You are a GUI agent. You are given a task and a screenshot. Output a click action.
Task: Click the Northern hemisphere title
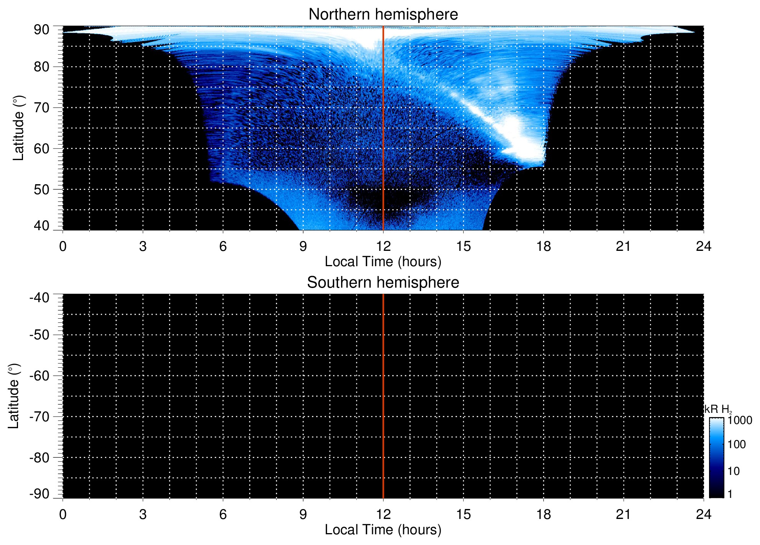coord(383,15)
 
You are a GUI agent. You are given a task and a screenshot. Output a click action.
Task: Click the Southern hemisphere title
coord(383,283)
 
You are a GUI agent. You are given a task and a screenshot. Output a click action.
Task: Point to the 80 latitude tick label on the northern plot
coord(41,67)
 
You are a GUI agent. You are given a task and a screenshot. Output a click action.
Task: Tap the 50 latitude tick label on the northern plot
coord(41,190)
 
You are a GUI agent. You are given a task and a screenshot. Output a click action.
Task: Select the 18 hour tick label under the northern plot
coord(543,246)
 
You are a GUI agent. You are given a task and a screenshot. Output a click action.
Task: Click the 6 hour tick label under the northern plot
coord(223,246)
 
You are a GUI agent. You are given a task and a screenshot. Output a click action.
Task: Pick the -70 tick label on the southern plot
coord(39,417)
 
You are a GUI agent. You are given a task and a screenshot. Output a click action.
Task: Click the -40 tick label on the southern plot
coord(39,298)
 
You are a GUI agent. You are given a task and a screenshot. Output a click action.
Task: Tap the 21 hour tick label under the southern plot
coord(623,514)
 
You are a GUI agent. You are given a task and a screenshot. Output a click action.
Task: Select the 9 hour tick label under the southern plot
coord(303,514)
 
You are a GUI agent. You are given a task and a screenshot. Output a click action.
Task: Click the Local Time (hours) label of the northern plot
coord(383,262)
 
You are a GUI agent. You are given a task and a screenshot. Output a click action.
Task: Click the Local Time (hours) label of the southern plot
coord(383,530)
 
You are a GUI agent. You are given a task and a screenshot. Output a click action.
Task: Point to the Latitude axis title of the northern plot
coord(18,128)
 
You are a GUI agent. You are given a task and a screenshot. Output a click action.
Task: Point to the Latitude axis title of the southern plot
coord(13,396)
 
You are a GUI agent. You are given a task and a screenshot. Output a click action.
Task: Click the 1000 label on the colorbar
coord(740,421)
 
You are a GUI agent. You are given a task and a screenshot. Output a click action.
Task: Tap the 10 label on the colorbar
coord(734,471)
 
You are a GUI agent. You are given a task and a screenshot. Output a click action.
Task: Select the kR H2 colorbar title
coord(718,409)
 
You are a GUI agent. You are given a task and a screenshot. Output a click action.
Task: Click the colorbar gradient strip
coord(716,457)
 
